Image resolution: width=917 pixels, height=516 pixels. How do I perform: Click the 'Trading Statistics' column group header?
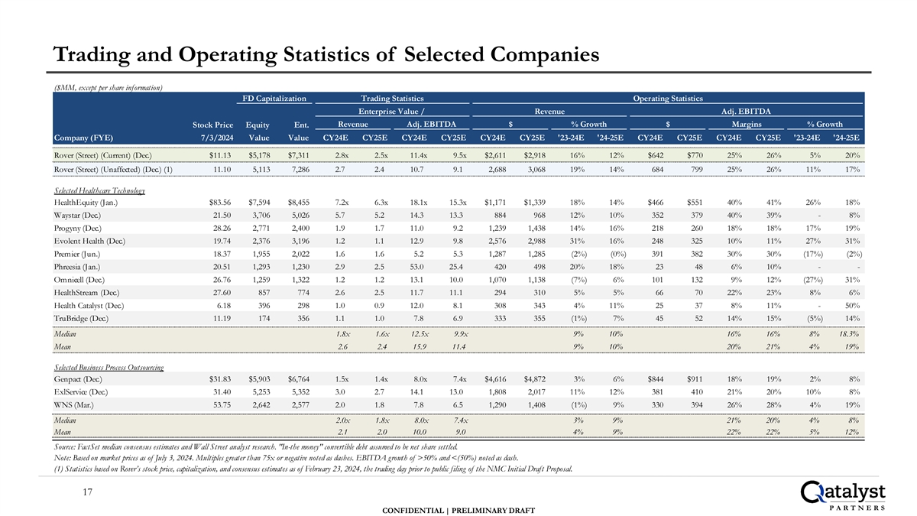(x=392, y=98)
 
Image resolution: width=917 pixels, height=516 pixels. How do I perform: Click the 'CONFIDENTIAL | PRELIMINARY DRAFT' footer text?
(x=458, y=509)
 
